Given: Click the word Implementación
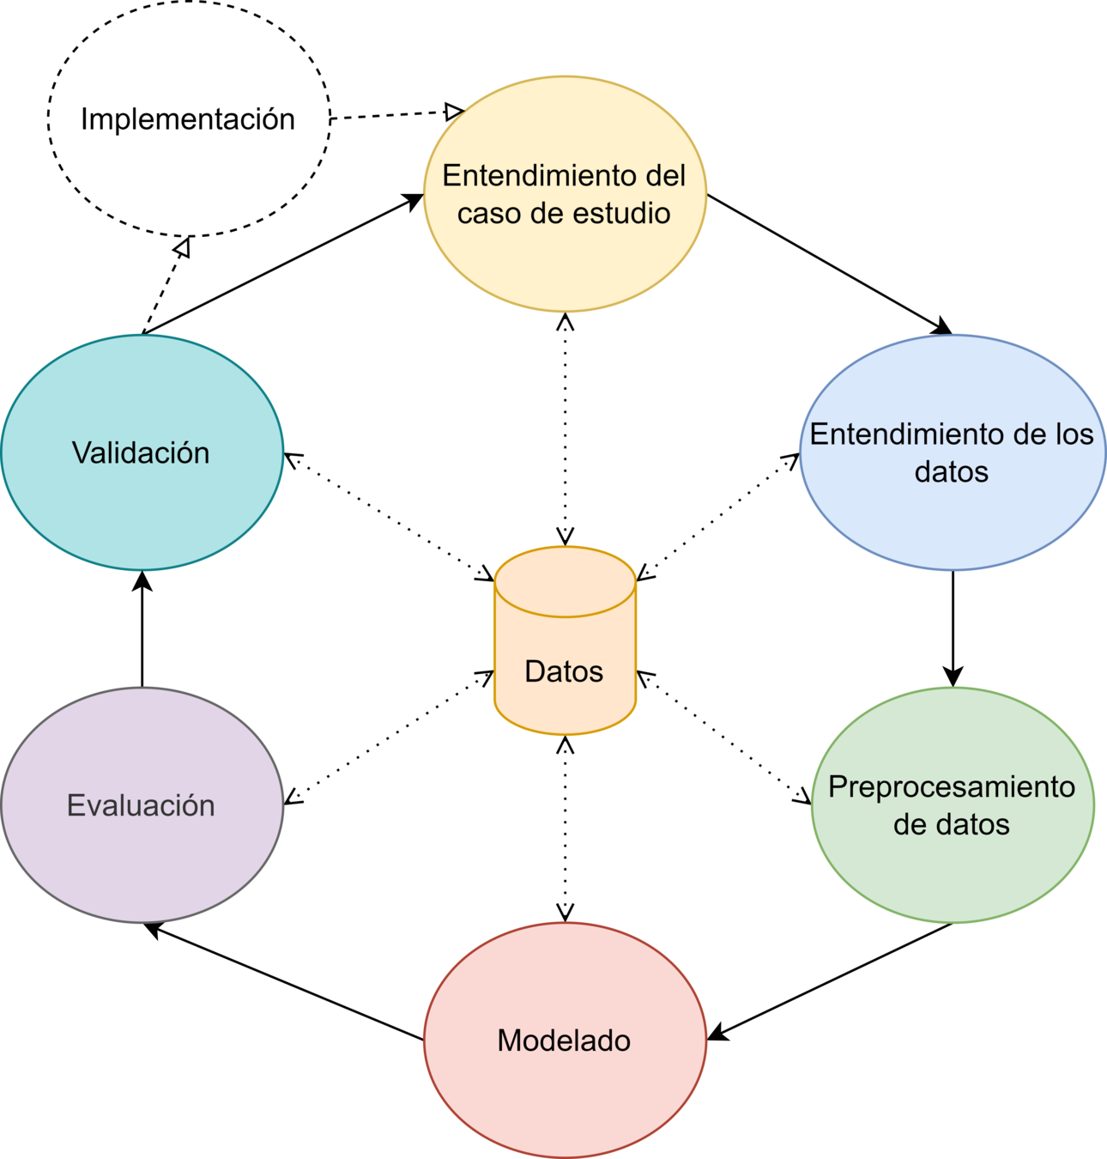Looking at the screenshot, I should pos(188,119).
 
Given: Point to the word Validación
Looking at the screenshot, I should pos(141,453).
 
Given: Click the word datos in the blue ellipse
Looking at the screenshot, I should pos(951,472).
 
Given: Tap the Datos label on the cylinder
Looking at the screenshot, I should pos(564,671).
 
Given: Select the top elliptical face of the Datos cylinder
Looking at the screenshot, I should pos(566,582).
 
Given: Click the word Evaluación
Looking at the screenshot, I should pos(141,805).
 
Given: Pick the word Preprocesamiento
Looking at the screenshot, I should pos(952,787).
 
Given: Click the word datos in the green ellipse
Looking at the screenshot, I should pos(973,825).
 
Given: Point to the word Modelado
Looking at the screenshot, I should pos(564,1041).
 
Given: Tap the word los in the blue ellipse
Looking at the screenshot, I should pos(1075,434).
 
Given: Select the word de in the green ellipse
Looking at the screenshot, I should pos(910,825).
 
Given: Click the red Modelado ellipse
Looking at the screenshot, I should pos(565,1107).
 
